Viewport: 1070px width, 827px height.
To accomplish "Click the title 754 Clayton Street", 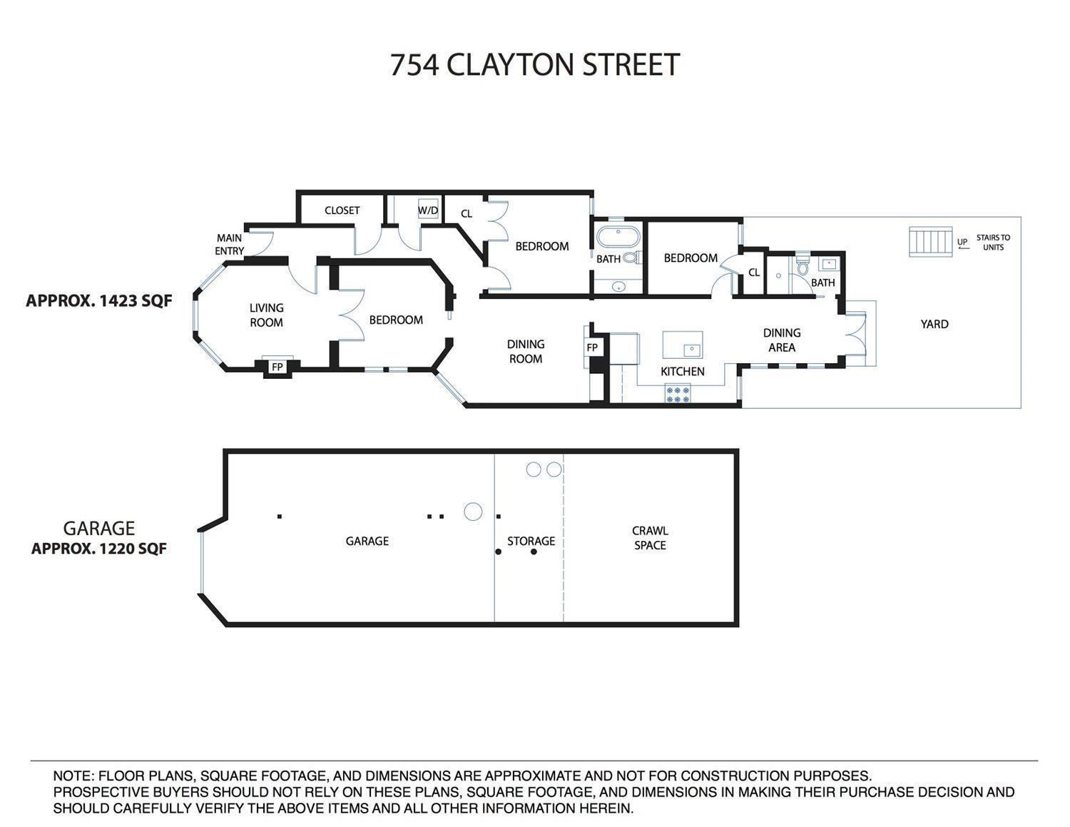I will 534,64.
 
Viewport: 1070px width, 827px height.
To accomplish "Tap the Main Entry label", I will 229,244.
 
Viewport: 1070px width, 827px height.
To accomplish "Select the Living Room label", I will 266,315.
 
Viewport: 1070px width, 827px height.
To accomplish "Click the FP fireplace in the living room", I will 277,367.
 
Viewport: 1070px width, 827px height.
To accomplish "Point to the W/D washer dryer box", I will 428,210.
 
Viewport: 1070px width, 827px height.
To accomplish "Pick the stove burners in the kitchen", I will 678,394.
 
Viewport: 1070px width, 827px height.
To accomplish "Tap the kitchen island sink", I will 691,350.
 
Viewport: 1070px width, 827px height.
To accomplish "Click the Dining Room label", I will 526,351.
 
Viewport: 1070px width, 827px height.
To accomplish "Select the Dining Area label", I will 782,340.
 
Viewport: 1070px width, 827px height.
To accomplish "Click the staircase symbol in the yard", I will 930,242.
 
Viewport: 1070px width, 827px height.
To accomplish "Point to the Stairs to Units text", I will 993,243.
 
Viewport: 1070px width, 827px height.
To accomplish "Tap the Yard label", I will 934,324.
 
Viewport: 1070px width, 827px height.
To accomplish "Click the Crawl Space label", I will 650,538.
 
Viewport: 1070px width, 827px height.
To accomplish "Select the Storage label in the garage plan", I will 531,541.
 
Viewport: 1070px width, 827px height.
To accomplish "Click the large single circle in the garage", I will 472,512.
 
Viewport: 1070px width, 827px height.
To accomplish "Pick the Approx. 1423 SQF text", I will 99,300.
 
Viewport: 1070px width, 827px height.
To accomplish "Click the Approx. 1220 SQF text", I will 99,549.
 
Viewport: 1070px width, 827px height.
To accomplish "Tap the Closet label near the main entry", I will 342,210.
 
